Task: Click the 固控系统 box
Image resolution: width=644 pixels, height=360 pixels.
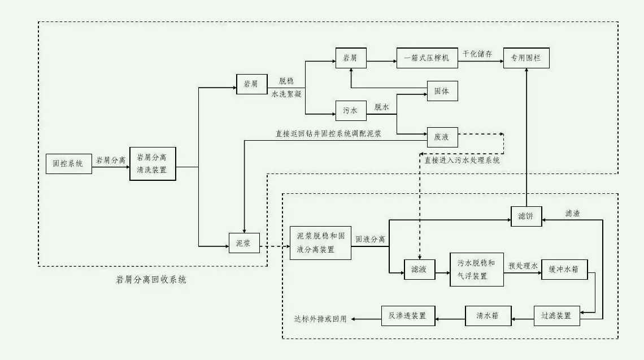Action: (68, 163)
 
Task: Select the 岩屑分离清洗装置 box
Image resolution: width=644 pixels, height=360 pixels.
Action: (152, 163)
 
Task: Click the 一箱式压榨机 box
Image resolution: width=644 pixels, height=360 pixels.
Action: (427, 58)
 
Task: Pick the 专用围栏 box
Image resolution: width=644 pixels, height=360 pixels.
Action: (525, 58)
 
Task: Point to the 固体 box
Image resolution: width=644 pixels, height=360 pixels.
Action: (442, 90)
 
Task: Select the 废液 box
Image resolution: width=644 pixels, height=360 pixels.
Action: (442, 137)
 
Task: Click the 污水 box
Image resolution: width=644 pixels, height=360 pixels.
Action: (351, 111)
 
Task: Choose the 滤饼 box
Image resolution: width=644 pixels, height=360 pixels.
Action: (526, 215)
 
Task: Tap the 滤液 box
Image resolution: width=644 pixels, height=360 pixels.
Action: (419, 269)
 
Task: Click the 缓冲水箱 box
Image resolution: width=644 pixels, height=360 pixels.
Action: (564, 269)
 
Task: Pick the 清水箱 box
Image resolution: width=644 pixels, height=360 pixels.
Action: (488, 315)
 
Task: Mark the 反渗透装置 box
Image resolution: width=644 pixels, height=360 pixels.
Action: (408, 315)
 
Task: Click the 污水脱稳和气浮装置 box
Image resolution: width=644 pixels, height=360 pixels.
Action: (476, 269)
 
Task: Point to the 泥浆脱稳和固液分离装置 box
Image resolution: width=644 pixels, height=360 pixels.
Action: (320, 243)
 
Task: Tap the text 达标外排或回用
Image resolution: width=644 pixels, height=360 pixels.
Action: (320, 319)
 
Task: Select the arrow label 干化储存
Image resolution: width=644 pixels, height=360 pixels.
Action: (478, 54)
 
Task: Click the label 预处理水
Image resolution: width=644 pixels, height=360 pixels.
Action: (523, 264)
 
